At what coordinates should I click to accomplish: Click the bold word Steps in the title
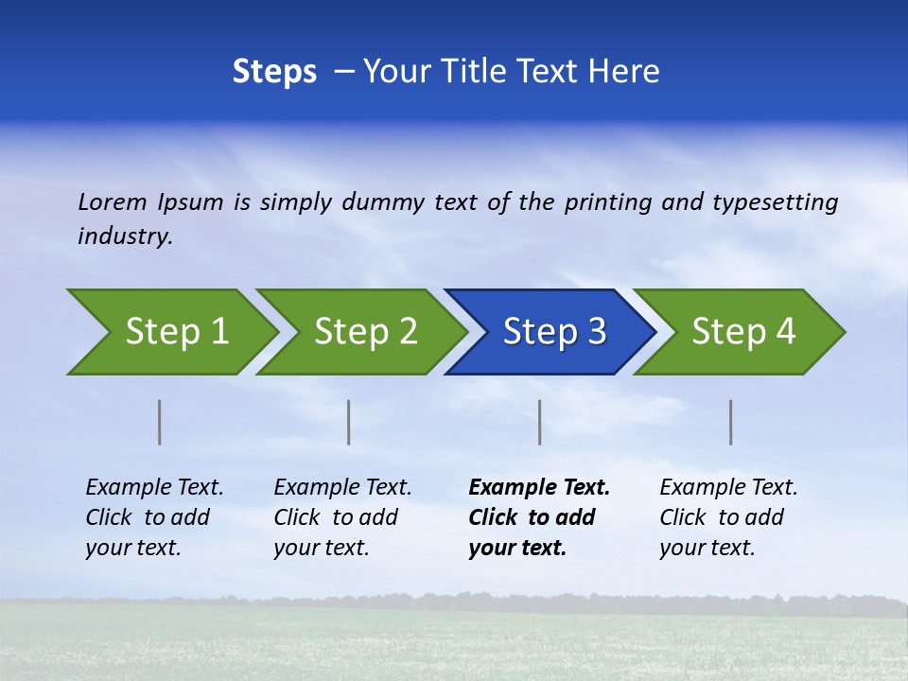274,72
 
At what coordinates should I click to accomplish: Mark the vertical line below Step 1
160,422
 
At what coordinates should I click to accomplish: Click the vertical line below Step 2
349,422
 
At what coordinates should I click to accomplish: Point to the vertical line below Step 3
540,422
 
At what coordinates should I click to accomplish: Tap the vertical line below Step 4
731,422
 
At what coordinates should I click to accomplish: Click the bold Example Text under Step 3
539,488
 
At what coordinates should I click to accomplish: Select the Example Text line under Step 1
154,488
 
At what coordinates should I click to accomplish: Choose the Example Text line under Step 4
728,488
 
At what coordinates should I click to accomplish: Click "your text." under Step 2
322,548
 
